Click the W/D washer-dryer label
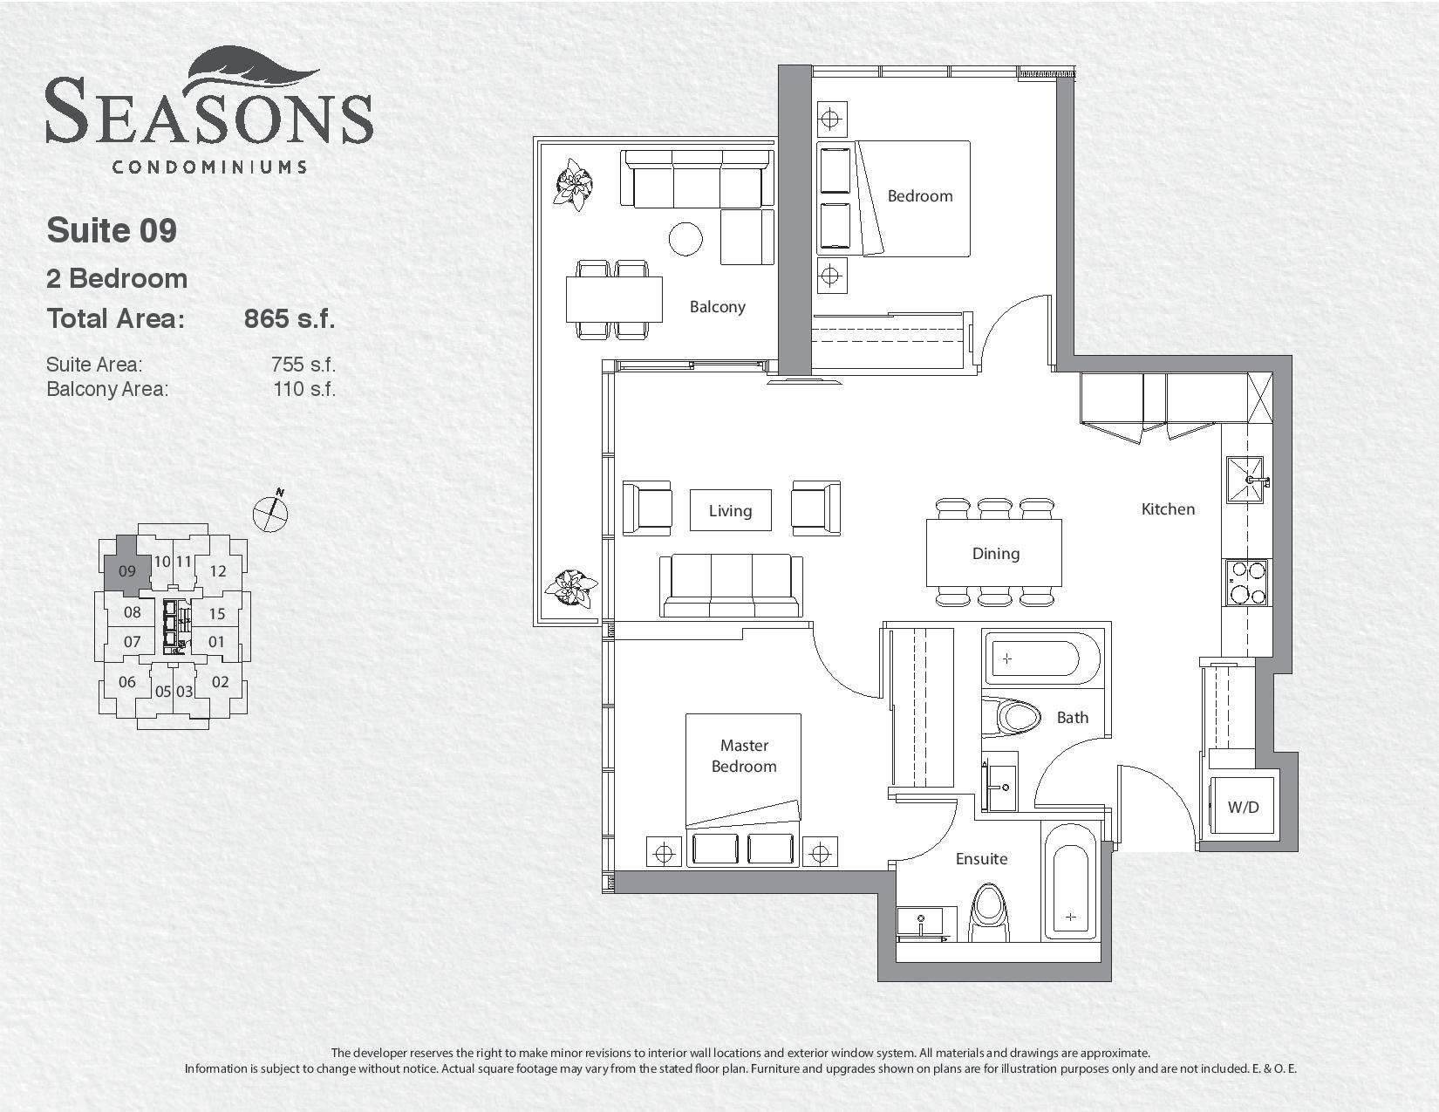tap(1243, 808)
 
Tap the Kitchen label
tap(1168, 509)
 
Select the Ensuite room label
tap(981, 859)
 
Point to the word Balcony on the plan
tap(717, 307)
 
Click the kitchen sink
tap(1246, 480)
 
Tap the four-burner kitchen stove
tap(1246, 583)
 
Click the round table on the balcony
tap(685, 239)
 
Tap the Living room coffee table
tap(731, 510)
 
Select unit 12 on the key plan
tap(217, 571)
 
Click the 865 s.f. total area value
tap(290, 318)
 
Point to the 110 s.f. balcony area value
tap(304, 389)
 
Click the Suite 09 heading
tap(112, 230)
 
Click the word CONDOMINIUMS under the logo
tap(209, 167)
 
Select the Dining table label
tap(995, 554)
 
